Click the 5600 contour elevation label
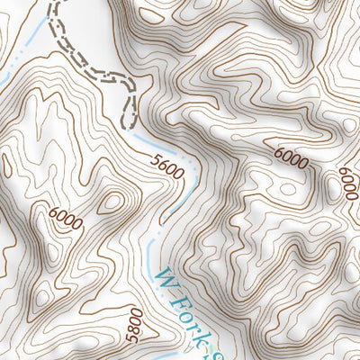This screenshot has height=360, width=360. click(168, 167)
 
